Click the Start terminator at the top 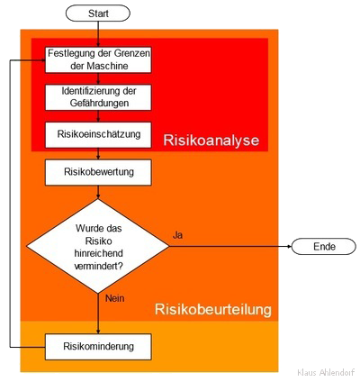coord(98,14)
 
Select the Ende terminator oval coord(324,247)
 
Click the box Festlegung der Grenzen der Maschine coord(98,59)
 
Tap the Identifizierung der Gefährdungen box coord(98,97)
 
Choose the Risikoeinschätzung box coord(98,135)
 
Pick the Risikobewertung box coord(98,172)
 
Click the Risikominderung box coord(98,347)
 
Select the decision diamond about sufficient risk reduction coord(98,246)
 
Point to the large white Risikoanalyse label coord(211,141)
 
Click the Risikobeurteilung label coord(213,309)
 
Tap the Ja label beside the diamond coord(177,235)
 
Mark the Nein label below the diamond coord(115,298)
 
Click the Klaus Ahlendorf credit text coord(326,372)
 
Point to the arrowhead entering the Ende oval coord(290,247)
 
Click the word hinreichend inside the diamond coord(99,253)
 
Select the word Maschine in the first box coord(108,66)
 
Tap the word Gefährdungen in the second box coord(99,103)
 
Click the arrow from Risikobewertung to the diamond coord(98,192)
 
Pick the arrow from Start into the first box coord(98,34)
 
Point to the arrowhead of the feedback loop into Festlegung coord(43,60)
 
